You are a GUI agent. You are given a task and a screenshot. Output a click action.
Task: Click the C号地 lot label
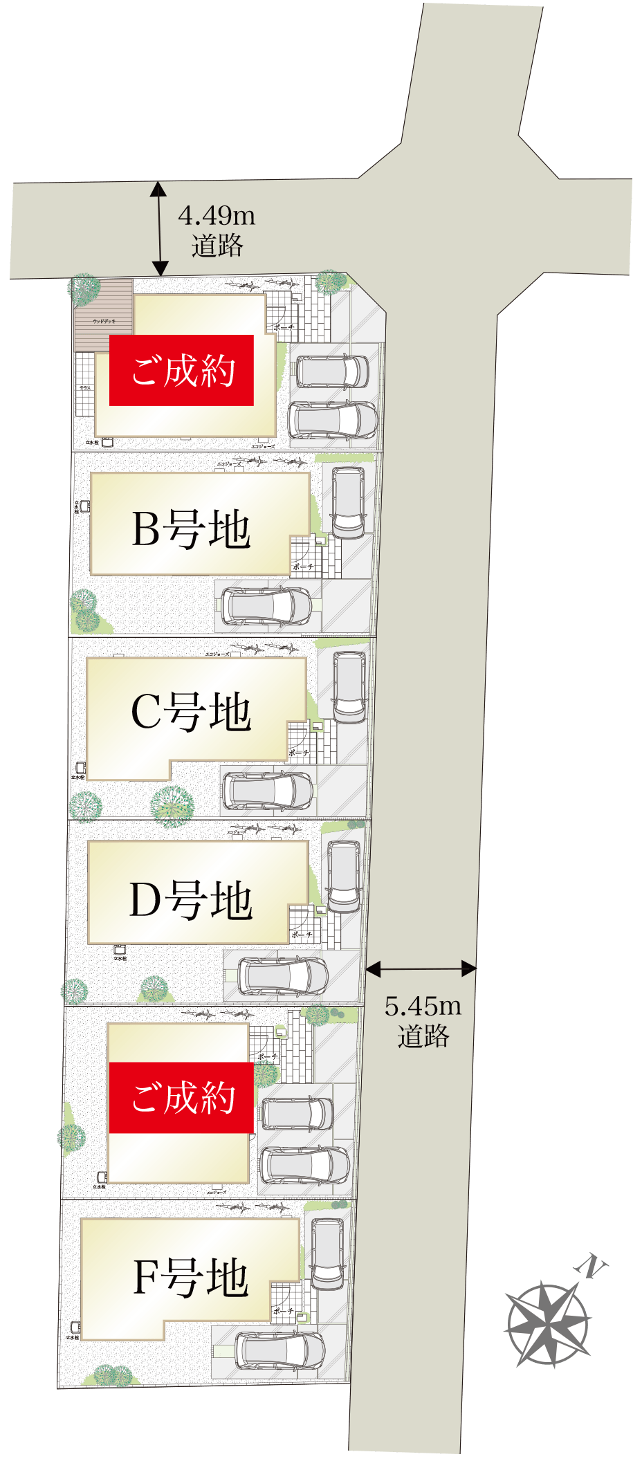(191, 712)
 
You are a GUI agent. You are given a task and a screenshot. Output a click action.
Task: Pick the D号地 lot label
(191, 900)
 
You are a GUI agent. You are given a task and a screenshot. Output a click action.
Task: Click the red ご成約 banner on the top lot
(182, 370)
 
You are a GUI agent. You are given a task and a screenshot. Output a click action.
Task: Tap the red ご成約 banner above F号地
(182, 1097)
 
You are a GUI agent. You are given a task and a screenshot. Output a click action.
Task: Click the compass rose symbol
(548, 1325)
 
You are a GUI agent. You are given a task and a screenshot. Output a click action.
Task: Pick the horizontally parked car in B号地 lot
(266, 605)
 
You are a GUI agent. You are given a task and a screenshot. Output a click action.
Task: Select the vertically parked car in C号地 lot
(349, 687)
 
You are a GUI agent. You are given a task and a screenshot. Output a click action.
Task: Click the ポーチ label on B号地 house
(302, 567)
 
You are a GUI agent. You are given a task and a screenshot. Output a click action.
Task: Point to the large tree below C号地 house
(172, 805)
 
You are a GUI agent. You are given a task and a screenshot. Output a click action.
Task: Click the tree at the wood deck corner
(85, 288)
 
